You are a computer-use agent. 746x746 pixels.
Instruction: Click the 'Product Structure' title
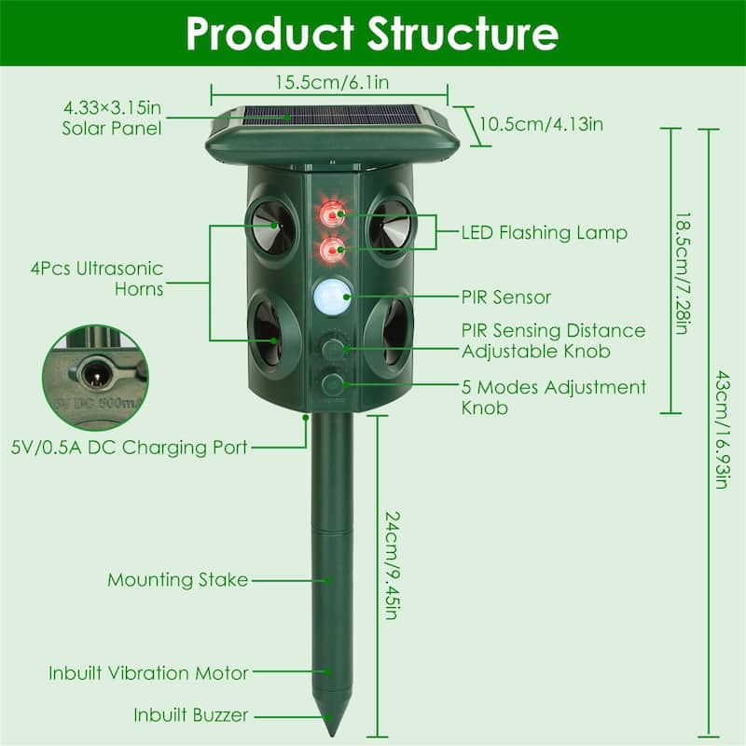(372, 33)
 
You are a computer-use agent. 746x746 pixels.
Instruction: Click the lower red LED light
(330, 249)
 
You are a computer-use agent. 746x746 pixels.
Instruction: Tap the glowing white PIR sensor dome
(331, 297)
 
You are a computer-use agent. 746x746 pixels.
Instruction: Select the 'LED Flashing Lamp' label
(545, 232)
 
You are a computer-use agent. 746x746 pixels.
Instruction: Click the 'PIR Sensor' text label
(506, 297)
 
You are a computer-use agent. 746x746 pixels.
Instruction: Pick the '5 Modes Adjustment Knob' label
(554, 396)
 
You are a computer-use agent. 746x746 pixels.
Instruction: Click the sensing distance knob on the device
(331, 349)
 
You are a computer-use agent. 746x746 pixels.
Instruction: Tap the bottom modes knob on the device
(331, 383)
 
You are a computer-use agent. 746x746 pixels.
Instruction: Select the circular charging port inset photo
(94, 377)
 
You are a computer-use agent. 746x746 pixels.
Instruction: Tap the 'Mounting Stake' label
(177, 580)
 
